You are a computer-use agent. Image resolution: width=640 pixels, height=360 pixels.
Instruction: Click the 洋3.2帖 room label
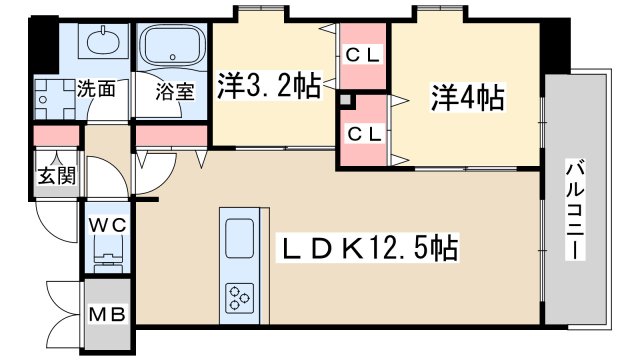pos(268,87)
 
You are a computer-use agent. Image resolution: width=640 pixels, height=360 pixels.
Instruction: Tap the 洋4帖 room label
pos(467,98)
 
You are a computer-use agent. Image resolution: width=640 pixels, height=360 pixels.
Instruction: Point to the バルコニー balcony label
pos(576,209)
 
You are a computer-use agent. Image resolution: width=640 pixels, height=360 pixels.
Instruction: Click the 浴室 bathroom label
pos(175,89)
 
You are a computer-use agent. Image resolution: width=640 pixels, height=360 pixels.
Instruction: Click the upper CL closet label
pos(361,56)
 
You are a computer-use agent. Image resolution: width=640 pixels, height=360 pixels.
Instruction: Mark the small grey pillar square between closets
pos(346,101)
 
